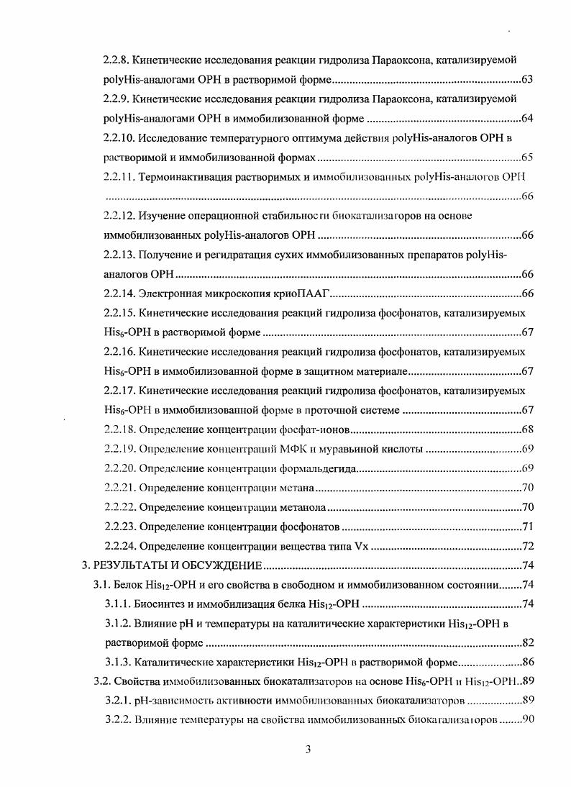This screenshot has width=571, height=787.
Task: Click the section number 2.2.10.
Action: [x=120, y=137]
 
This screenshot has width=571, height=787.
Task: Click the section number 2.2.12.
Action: [x=120, y=215]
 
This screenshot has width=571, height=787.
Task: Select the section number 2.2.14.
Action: [x=120, y=294]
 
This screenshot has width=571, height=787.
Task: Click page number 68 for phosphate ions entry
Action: [x=526, y=430]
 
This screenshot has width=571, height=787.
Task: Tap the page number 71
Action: [x=526, y=527]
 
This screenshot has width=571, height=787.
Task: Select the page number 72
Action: [x=526, y=546]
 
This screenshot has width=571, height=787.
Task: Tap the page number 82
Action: [x=526, y=642]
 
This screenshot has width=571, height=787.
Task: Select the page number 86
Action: [x=526, y=662]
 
